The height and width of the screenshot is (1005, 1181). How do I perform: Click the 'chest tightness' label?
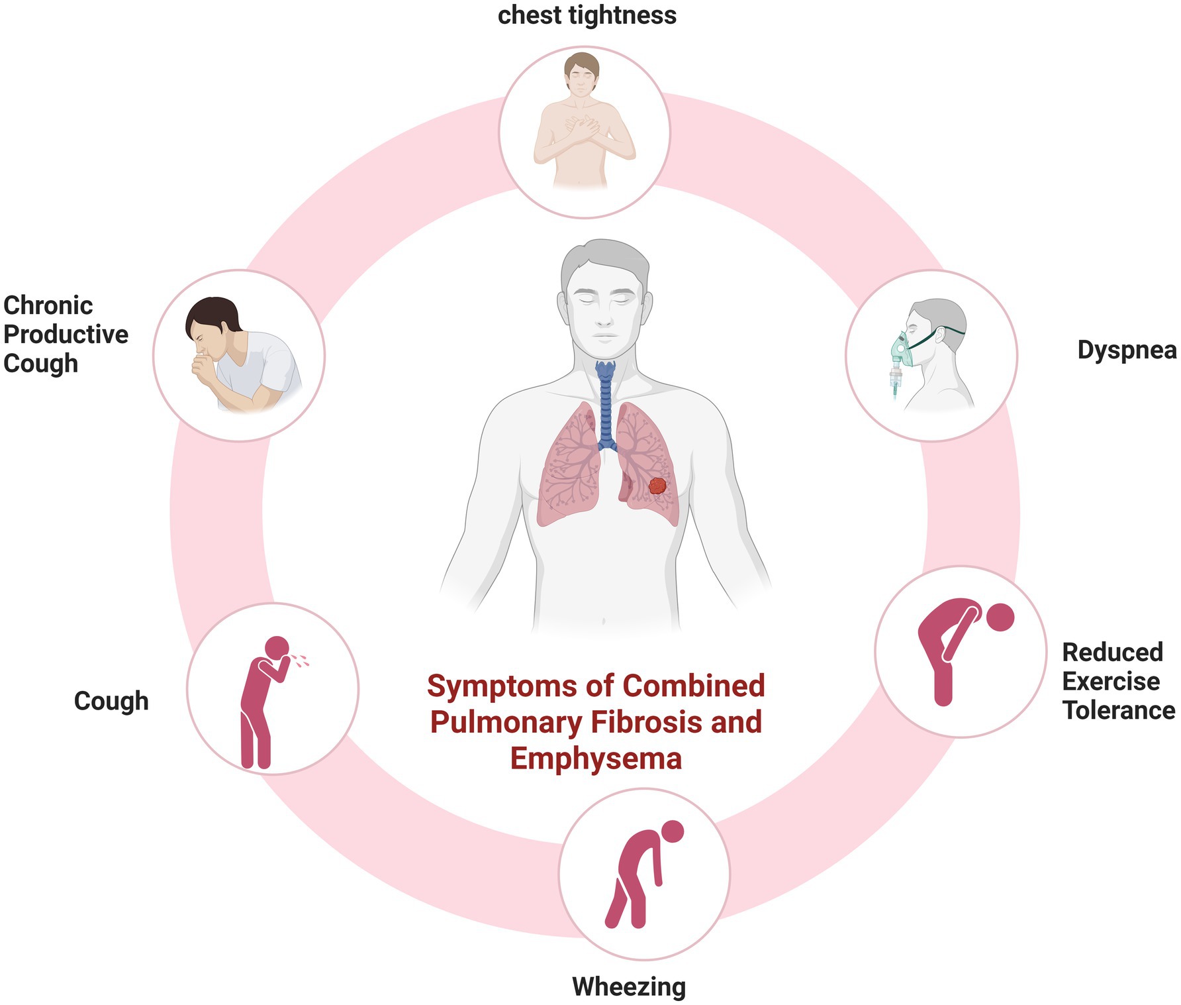point(587,15)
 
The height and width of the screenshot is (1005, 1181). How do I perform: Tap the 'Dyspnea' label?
point(1127,350)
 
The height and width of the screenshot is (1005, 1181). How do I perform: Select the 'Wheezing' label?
point(629,986)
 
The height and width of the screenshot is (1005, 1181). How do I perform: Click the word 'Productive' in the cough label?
point(66,335)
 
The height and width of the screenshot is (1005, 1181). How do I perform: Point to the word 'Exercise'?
point(1111,681)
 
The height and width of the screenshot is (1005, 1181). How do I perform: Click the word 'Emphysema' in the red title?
point(596,758)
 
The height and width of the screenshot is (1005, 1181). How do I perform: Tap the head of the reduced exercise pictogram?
point(1000,617)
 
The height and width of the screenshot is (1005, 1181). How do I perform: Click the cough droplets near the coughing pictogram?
point(301,659)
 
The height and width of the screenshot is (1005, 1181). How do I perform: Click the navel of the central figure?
point(603,621)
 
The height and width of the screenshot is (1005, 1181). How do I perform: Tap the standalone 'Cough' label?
point(111,701)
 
